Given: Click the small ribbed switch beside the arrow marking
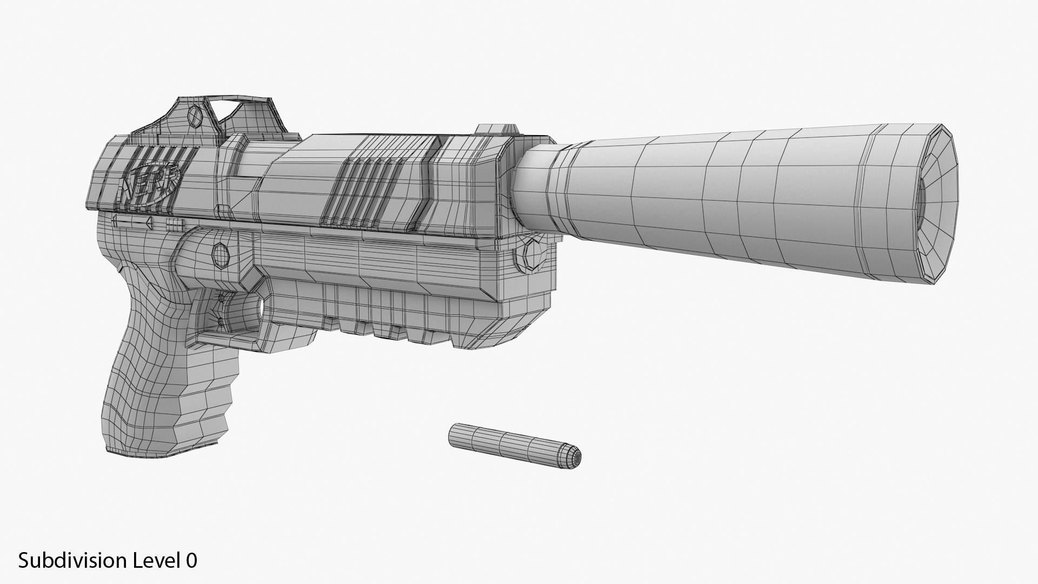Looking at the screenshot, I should [x=171, y=223].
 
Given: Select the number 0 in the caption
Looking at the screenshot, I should [x=191, y=561].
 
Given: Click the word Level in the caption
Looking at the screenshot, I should [x=157, y=561].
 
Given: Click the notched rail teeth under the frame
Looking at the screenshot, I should [x=378, y=324].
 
